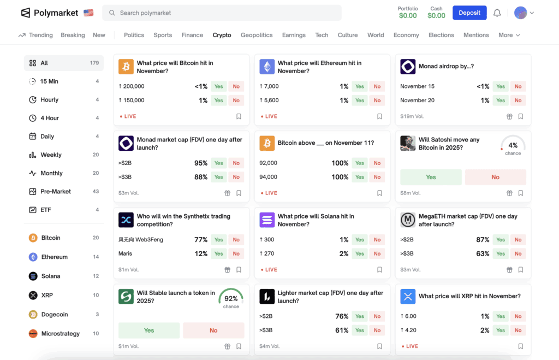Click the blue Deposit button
(x=469, y=13)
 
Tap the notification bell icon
(x=497, y=13)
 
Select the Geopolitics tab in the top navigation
(x=257, y=35)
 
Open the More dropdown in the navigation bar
(x=509, y=35)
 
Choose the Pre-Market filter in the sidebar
(x=56, y=192)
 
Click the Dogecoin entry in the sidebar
(x=55, y=315)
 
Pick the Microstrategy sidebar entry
(x=60, y=334)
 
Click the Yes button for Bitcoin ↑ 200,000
(x=219, y=86)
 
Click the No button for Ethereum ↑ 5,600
(x=377, y=101)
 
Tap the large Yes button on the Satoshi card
(x=431, y=177)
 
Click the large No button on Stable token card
(x=213, y=331)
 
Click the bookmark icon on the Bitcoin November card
(x=239, y=116)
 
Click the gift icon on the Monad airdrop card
(x=509, y=116)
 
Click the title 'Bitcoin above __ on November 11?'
(x=325, y=143)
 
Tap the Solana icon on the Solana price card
(x=267, y=220)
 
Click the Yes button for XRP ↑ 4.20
(x=501, y=331)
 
